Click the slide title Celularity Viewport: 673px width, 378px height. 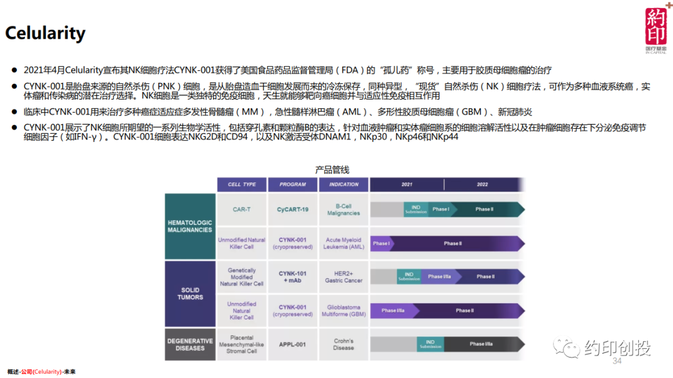coord(45,33)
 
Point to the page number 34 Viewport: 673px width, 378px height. coord(618,362)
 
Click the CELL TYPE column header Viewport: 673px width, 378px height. coord(242,184)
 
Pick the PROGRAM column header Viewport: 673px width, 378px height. coord(292,184)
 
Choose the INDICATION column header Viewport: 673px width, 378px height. coord(343,184)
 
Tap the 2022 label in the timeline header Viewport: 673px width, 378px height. coord(482,184)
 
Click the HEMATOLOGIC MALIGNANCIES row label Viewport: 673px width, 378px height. coord(190,226)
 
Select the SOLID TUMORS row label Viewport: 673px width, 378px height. coord(190,294)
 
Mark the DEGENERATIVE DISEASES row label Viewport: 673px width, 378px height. coord(190,344)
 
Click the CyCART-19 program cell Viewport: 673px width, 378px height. coord(292,210)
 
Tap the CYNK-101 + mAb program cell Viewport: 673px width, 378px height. coord(292,276)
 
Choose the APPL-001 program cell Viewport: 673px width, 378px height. coord(292,344)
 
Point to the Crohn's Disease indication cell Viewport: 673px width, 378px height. coord(343,344)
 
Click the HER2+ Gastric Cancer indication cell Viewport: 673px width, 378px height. coord(343,276)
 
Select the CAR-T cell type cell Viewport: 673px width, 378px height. coord(242,210)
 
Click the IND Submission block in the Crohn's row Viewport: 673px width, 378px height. coord(430,344)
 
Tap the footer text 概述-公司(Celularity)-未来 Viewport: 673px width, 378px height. coord(41,372)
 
